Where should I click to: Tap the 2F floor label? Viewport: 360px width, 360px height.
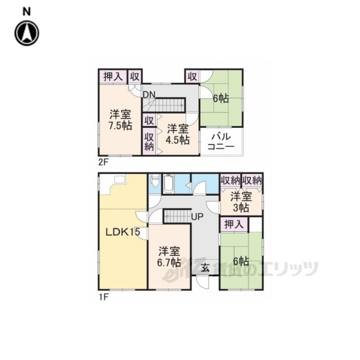[x=103, y=163]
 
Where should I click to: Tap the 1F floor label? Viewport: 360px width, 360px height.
[x=103, y=298]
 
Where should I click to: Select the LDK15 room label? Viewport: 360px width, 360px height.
[x=123, y=232]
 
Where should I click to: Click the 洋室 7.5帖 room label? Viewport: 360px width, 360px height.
[x=120, y=120]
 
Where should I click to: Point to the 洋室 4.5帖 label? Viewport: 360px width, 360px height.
[x=178, y=134]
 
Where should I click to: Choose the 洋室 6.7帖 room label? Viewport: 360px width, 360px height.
[x=169, y=257]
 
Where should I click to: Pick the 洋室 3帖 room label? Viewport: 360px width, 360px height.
[x=241, y=202]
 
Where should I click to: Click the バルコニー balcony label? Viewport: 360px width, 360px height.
[x=221, y=142]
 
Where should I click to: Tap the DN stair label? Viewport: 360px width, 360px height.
[x=149, y=94]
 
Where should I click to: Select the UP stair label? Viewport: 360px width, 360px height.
[x=197, y=217]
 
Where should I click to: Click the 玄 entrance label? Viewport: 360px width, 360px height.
[x=205, y=268]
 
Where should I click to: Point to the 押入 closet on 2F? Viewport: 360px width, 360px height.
[x=113, y=76]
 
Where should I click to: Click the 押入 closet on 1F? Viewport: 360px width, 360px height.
[x=234, y=224]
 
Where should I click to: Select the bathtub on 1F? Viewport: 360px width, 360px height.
[x=169, y=184]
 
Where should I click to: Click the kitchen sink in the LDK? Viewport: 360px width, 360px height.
[x=120, y=179]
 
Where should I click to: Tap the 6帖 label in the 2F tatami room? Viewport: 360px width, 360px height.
[x=221, y=98]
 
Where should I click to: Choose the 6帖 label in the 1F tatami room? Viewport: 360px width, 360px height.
[x=241, y=261]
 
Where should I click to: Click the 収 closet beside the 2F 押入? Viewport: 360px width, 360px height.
[x=135, y=76]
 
